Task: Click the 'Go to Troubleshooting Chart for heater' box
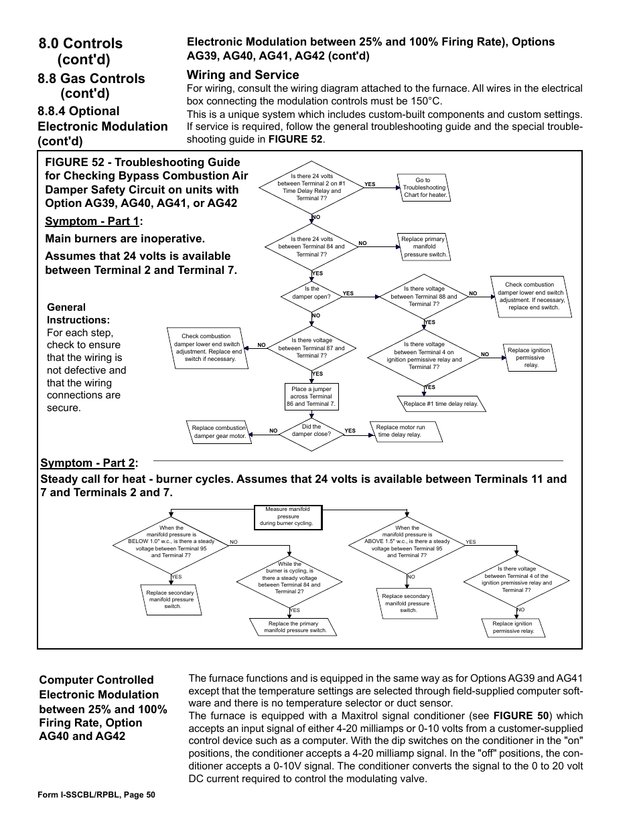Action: tap(423, 188)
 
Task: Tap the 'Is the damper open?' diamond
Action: tap(311, 293)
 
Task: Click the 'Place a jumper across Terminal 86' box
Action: tap(311, 396)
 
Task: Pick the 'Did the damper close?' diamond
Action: tap(311, 431)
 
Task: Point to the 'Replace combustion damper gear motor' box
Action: tap(219, 432)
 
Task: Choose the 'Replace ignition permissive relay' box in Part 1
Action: tap(530, 358)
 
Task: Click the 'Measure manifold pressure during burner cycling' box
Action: tap(288, 516)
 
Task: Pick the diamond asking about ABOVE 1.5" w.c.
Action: tap(407, 542)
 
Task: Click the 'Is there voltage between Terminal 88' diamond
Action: tap(424, 297)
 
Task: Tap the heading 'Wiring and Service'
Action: tap(242, 75)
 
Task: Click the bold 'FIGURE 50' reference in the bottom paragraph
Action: tap(520, 716)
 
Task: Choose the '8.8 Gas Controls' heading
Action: tap(92, 78)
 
